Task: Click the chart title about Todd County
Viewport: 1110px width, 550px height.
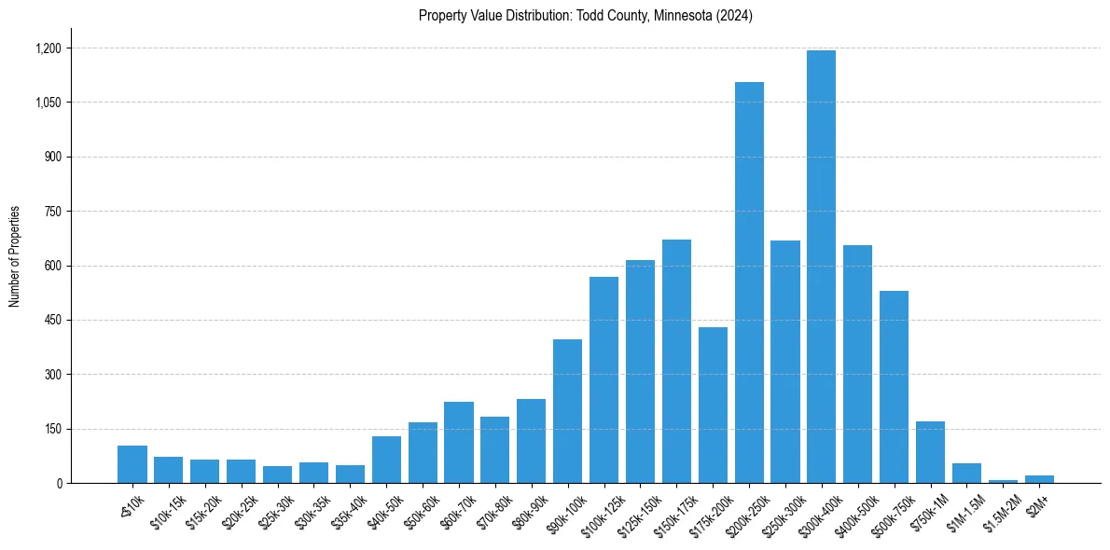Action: tap(585, 16)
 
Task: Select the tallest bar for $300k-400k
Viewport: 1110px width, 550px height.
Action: tap(821, 267)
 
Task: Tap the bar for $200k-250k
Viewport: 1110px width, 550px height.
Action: tap(749, 282)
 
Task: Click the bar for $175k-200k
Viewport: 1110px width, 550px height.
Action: tap(713, 405)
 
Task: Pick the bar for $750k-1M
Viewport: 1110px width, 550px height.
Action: tap(930, 452)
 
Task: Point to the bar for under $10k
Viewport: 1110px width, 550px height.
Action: tap(132, 464)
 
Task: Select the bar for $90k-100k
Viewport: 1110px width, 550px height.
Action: tap(567, 411)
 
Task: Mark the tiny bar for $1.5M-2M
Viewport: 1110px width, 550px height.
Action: tap(1003, 481)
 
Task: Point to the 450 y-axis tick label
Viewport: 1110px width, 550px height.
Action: tap(52, 321)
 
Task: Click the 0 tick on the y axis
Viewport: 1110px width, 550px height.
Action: tap(59, 484)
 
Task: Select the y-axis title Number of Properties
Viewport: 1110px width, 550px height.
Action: tap(15, 256)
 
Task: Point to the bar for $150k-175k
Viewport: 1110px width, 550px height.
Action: tap(676, 362)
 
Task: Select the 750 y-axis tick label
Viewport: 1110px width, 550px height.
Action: tap(52, 212)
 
